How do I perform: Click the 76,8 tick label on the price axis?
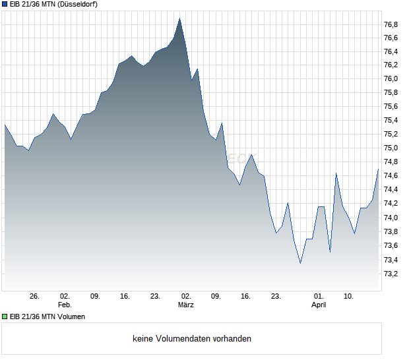coord(391,24)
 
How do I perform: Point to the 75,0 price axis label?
coord(391,148)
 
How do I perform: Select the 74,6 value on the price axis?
coord(391,176)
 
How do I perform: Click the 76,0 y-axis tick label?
coord(391,79)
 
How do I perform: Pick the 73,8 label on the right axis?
coord(391,231)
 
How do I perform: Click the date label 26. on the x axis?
coord(35,297)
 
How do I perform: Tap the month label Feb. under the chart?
coord(65,305)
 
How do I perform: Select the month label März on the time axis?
coord(186,305)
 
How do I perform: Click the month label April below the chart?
coord(319,305)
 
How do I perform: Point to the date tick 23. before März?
coord(155,297)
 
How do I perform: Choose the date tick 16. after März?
coord(245,297)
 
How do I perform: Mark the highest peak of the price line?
coord(179,18)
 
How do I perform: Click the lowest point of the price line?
coord(300,263)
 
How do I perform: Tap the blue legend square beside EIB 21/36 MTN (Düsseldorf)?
coord(5,5)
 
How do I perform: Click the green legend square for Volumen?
coord(5,316)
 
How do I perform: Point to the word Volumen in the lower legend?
coord(70,316)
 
